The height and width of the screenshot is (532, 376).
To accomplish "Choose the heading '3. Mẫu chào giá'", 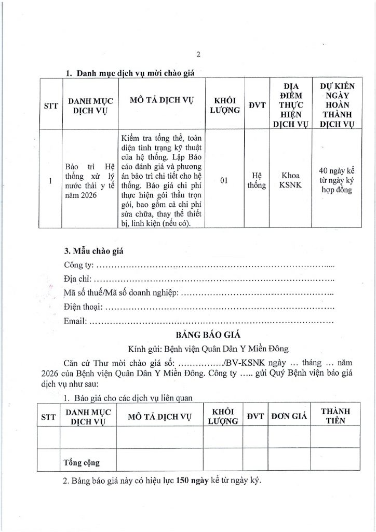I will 93,251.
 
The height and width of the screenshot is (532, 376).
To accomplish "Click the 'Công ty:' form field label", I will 79,267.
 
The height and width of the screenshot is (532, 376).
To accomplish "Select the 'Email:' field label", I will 75,321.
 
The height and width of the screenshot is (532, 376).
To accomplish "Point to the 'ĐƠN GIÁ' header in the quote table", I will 288,416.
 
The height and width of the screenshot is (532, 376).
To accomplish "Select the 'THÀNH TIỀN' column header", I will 335,416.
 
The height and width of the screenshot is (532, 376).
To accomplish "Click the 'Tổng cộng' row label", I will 82,461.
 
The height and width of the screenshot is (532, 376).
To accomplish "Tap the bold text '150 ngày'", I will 192,481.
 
